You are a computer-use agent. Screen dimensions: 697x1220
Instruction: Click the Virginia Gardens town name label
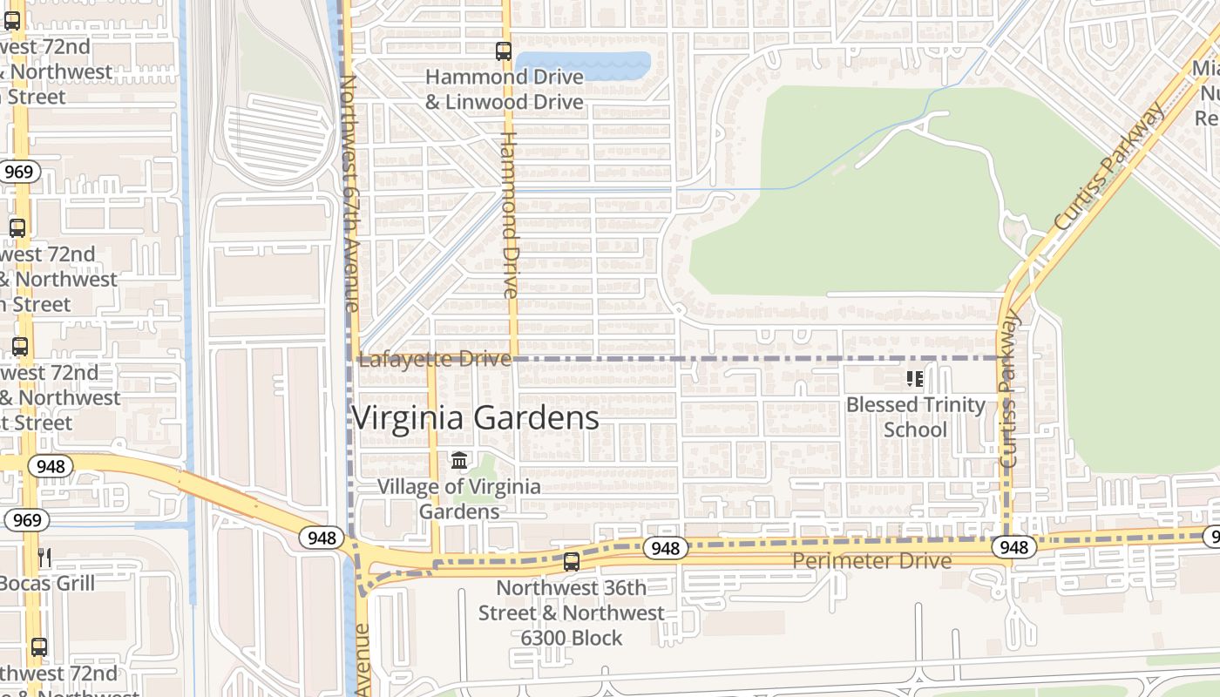(475, 418)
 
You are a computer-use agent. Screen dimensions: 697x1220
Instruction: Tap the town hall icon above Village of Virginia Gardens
(459, 460)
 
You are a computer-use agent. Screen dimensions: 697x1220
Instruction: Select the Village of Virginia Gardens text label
(458, 498)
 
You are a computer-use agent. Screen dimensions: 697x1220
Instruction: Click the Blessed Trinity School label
(915, 416)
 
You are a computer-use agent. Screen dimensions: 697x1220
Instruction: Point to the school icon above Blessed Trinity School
(915, 378)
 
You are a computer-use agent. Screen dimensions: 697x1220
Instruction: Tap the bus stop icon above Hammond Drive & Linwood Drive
(504, 51)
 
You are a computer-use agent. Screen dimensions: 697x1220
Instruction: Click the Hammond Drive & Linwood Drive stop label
(504, 90)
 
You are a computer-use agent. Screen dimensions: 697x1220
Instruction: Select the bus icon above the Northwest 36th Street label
(571, 562)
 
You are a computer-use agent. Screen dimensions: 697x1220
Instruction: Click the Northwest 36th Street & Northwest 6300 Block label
(571, 612)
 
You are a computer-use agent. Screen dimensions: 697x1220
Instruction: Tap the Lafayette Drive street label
(434, 359)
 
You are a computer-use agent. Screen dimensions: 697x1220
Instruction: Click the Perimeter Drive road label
(871, 561)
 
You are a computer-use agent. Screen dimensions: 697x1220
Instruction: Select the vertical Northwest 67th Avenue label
(349, 193)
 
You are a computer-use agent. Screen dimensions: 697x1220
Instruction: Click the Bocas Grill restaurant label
(47, 582)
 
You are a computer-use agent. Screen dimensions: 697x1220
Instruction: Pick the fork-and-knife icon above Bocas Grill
(44, 557)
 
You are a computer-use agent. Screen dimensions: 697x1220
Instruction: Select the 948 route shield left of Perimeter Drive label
(665, 548)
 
